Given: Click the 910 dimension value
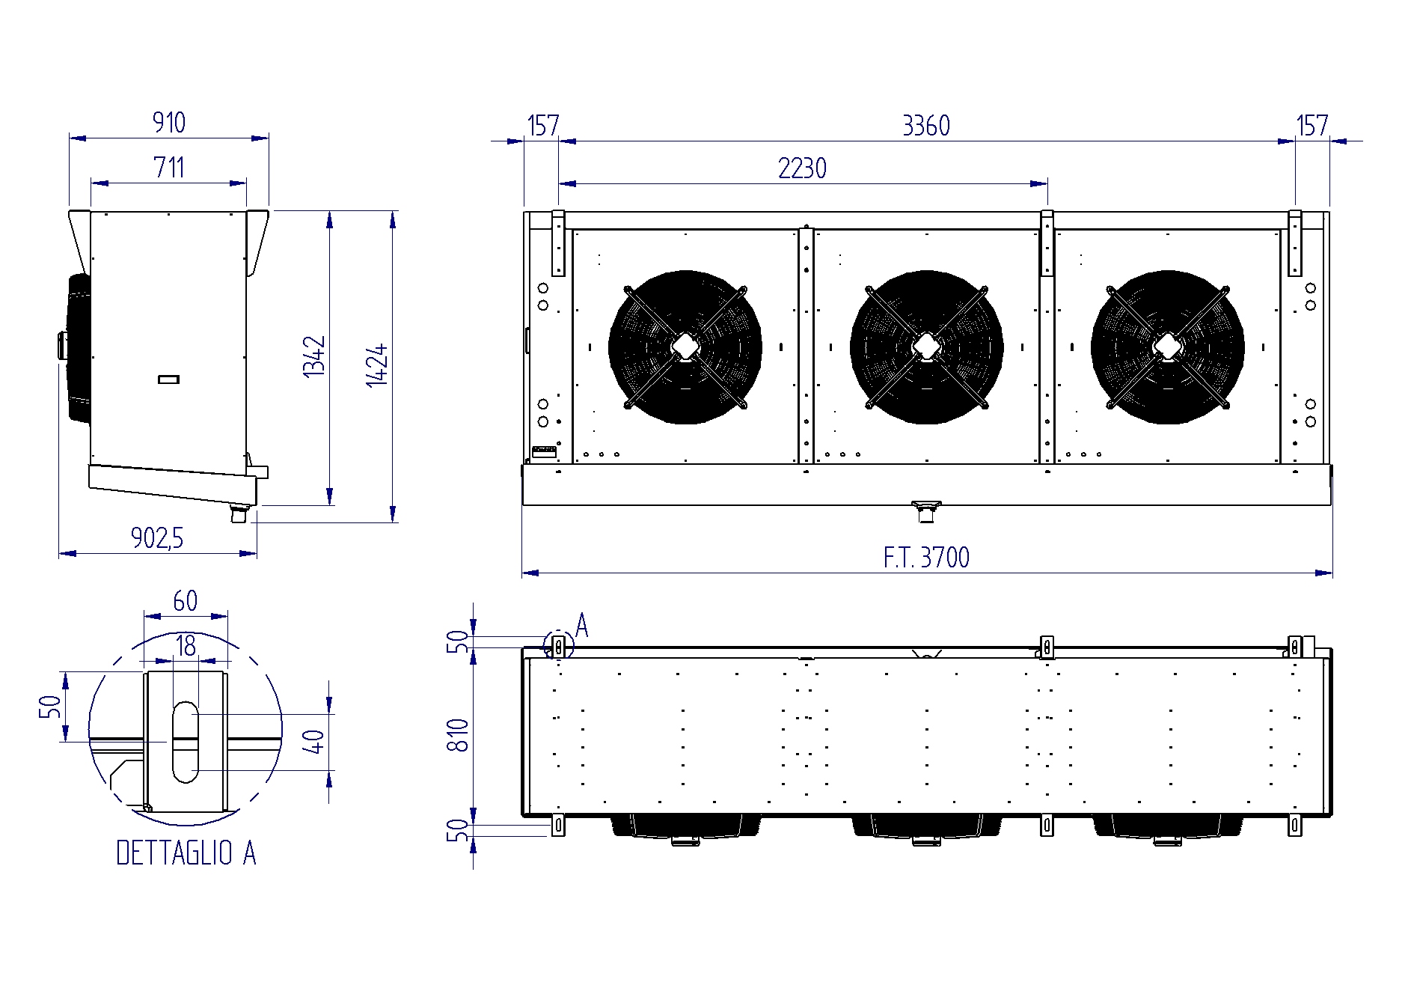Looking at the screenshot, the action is pyautogui.click(x=169, y=122).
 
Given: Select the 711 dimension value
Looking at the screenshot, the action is pyautogui.click(x=169, y=167).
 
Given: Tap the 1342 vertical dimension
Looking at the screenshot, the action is pyautogui.click(x=315, y=356).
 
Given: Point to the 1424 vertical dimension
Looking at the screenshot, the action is pyautogui.click(x=377, y=365).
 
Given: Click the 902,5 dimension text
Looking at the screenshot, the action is pyautogui.click(x=157, y=537).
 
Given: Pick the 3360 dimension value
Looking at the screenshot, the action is pyautogui.click(x=926, y=126).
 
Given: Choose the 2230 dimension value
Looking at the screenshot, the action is pyautogui.click(x=802, y=168).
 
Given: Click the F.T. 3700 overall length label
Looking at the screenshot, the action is pyautogui.click(x=926, y=558).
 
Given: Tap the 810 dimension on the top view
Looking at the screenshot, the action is pyautogui.click(x=457, y=735).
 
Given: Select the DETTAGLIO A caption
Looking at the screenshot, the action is pyautogui.click(x=186, y=853).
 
